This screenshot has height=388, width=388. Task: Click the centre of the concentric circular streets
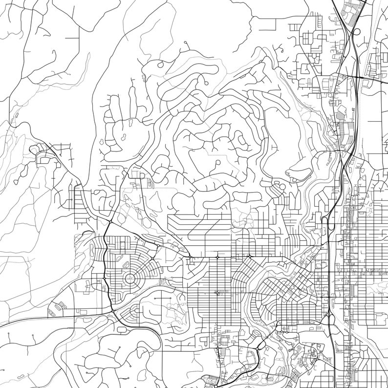coord(130,279)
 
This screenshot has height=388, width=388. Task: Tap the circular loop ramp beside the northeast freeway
coord(356,32)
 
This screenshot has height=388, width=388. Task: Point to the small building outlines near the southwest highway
coord(58,307)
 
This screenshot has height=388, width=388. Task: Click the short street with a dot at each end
coord(25,337)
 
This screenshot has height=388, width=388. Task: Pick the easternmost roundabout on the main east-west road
coord(250,257)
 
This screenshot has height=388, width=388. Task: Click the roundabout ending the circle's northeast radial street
coord(152,258)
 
